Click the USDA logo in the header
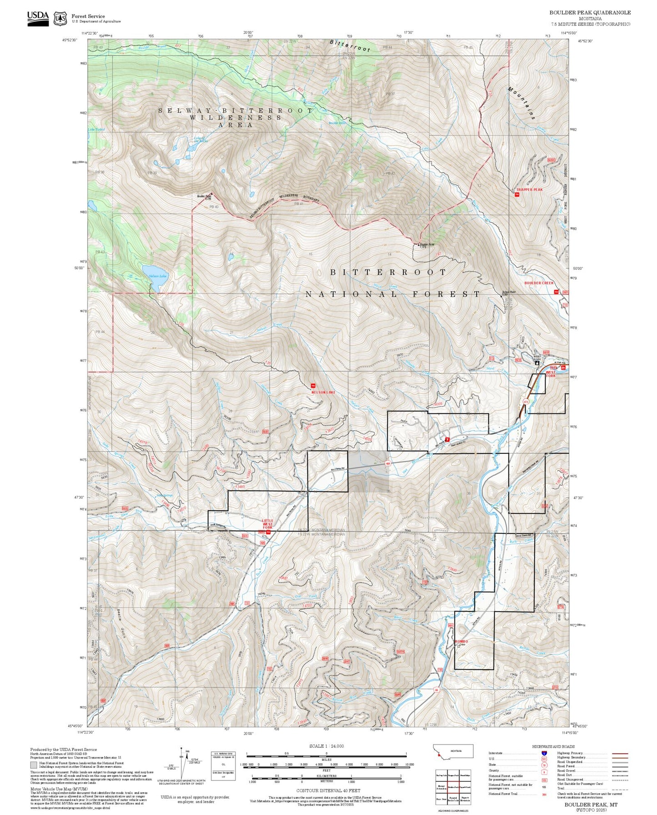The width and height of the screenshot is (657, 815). coord(38,17)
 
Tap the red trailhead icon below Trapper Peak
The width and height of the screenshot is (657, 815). coord(517,195)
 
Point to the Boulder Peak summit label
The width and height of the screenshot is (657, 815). coord(204,197)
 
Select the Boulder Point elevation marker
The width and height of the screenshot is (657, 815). coord(419,245)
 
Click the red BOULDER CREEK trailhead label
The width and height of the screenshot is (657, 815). coord(539,283)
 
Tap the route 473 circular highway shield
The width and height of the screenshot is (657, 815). coord(526,402)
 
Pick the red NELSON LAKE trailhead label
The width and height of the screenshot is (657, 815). coord(324,392)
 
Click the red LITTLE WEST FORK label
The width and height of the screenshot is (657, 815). coord(268,524)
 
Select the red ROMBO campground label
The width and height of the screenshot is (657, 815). coord(461,641)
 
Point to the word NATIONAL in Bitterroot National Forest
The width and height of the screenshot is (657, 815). coord(351,294)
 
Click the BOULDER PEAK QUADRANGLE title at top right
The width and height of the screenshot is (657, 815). coord(590,12)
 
